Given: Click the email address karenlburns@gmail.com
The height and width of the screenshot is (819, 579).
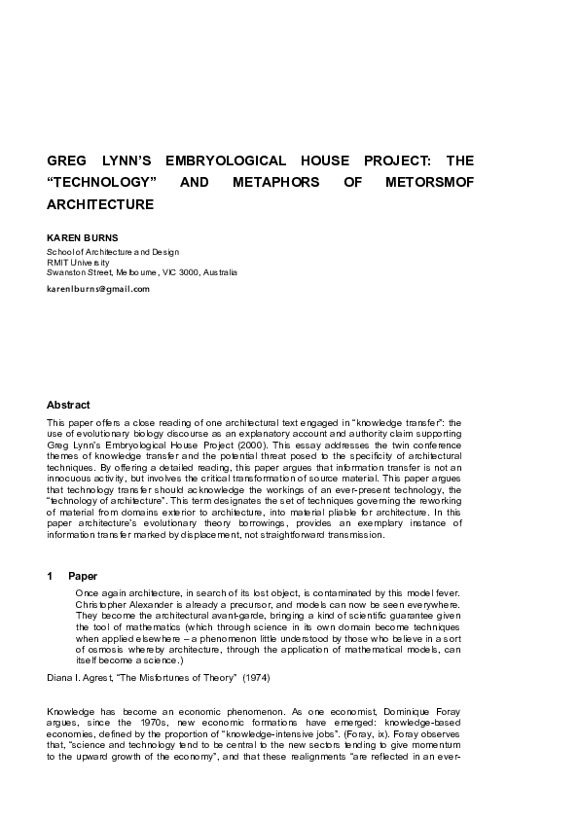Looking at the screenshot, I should (x=98, y=289).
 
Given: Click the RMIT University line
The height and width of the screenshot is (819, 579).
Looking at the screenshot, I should (x=78, y=263).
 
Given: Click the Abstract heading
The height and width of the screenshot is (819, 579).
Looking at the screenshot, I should (x=68, y=405).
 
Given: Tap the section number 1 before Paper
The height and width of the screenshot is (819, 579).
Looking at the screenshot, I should (x=50, y=576).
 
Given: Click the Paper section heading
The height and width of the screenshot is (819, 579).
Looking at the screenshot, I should (x=83, y=576).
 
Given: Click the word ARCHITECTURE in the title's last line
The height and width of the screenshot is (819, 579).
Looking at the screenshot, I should (x=100, y=205).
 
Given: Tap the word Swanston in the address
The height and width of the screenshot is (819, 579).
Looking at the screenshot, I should (x=69, y=272).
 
